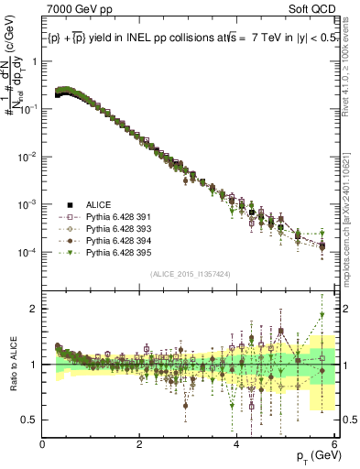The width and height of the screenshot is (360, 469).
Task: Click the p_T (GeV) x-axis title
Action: [x=311, y=455]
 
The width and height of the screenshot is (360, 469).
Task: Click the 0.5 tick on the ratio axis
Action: [x=31, y=420]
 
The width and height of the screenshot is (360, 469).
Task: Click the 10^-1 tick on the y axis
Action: [x=27, y=108]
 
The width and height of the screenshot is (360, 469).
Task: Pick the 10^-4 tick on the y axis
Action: [x=27, y=252]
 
